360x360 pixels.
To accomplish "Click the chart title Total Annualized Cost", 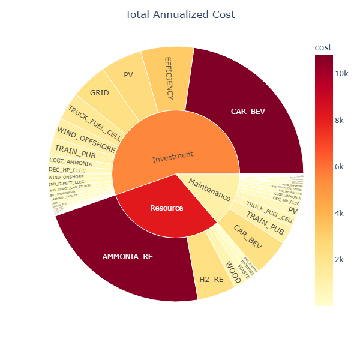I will click(x=179, y=14).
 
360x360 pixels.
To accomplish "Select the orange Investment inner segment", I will click(x=173, y=157).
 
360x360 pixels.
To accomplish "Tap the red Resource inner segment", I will click(x=166, y=208).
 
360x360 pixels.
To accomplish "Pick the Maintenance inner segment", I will click(x=209, y=189).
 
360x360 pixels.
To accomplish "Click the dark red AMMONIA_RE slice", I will click(x=127, y=256).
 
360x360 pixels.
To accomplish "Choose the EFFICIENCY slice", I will click(x=169, y=78).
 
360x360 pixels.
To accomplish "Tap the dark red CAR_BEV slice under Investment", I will click(x=248, y=111).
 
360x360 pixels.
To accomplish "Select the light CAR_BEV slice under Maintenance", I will click(x=248, y=238).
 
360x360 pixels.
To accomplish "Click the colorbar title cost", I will click(x=323, y=47).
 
